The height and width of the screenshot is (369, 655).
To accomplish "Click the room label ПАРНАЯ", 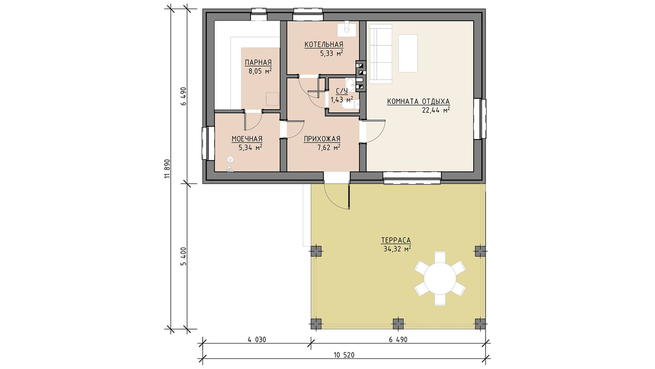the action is (x=258, y=62).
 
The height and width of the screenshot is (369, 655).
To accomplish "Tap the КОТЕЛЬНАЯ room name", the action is (x=324, y=45).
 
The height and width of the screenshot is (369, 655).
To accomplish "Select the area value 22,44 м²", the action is (x=436, y=110).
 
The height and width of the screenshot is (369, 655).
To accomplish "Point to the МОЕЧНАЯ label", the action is (x=247, y=139).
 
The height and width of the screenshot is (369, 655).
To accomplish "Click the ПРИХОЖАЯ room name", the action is (x=322, y=139).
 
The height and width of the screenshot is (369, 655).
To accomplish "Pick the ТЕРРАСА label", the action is (x=396, y=240).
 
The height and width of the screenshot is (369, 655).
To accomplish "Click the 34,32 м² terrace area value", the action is (x=397, y=249).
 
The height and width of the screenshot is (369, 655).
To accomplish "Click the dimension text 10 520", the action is (x=344, y=355).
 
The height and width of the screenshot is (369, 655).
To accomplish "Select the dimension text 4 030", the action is (x=256, y=339).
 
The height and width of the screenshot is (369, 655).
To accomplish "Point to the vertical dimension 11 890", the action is (x=167, y=169).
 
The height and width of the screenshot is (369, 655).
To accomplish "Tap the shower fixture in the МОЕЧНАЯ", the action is (x=230, y=164).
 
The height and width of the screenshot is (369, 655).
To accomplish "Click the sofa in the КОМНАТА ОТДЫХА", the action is (x=380, y=54).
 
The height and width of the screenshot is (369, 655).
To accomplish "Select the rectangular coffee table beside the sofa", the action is (x=408, y=53).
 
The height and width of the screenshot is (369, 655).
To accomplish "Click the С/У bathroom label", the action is (x=341, y=91).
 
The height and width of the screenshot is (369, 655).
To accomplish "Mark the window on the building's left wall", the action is (x=208, y=143).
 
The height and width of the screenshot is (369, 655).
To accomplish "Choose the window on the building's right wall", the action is (x=480, y=119).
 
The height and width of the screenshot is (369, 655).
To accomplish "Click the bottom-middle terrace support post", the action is (x=398, y=324).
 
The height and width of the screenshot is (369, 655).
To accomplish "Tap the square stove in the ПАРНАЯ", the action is (x=272, y=99).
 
